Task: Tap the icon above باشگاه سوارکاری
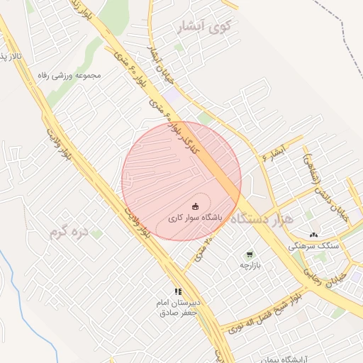click(196, 206)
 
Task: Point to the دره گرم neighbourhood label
click(65, 231)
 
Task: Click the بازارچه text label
click(250, 265)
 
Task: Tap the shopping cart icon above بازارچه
click(250, 254)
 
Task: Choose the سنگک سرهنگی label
click(313, 245)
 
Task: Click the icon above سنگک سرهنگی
click(314, 235)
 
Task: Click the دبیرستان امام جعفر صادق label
click(179, 307)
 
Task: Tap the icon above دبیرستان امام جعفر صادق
click(179, 291)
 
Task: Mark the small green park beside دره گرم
click(96, 233)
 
